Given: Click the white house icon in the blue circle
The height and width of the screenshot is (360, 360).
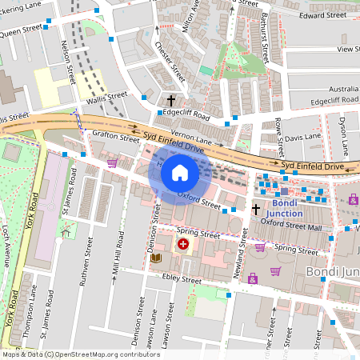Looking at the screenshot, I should pyautogui.click(x=180, y=172).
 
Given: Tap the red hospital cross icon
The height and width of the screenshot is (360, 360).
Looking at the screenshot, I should pyautogui.click(x=183, y=244).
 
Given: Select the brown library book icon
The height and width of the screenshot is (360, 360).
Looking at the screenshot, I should pyautogui.click(x=155, y=258).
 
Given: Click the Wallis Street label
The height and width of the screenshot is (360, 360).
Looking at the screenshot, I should pyautogui.click(x=106, y=96).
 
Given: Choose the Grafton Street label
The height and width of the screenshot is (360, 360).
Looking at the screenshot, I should pyautogui.click(x=116, y=137).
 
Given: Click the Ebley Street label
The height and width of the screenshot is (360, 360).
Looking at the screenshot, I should pyautogui.click(x=181, y=280).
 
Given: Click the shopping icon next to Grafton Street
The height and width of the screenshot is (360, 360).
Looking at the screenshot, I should pyautogui.click(x=112, y=162).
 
